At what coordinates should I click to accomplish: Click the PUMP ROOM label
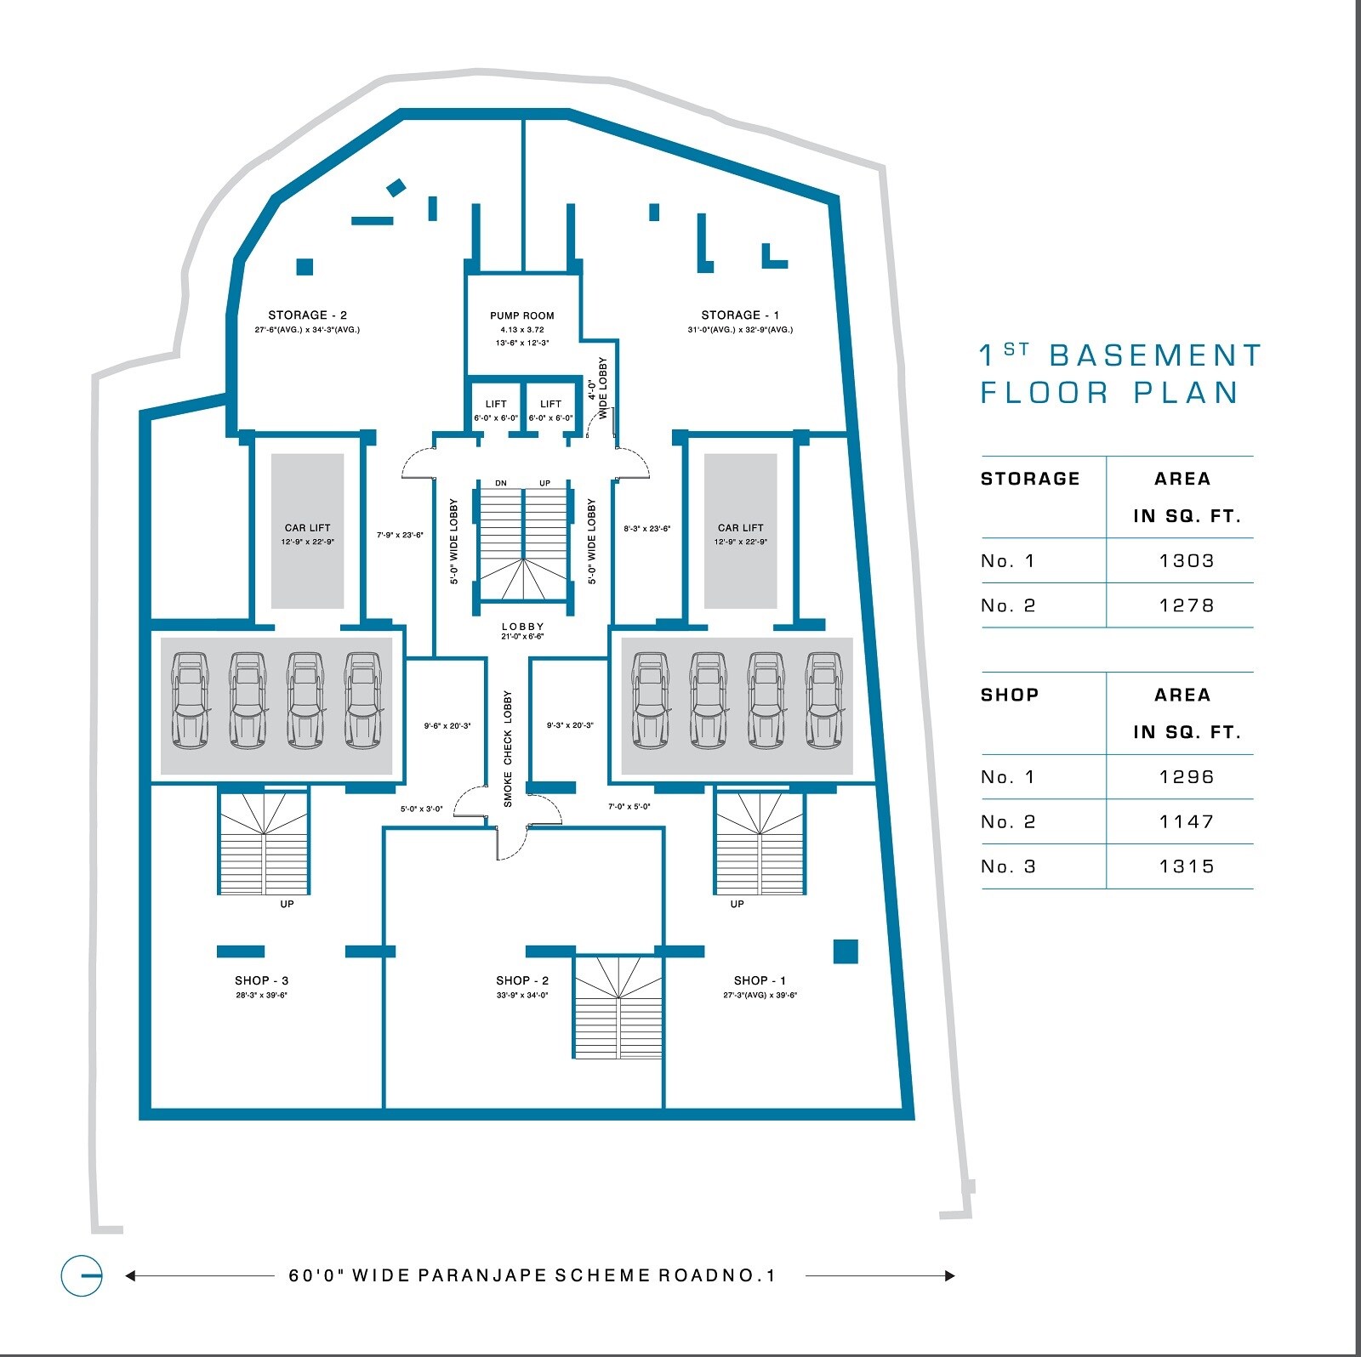click(521, 315)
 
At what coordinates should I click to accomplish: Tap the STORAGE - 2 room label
click(307, 315)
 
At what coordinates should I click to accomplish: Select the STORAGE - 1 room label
click(740, 315)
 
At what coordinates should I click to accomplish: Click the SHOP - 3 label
click(261, 980)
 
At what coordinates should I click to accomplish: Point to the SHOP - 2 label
click(522, 980)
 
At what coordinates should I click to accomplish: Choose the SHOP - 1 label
click(760, 980)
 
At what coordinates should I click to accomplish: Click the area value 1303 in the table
click(1186, 561)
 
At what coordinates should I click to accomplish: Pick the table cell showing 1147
click(1186, 822)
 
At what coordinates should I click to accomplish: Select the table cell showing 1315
click(1186, 867)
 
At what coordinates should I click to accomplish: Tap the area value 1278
click(1186, 606)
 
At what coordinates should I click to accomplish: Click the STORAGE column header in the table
click(1030, 479)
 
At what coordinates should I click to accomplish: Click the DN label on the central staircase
click(501, 483)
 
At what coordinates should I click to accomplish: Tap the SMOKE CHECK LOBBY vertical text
click(508, 748)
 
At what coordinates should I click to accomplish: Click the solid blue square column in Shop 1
click(845, 951)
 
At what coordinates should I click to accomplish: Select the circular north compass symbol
click(82, 1275)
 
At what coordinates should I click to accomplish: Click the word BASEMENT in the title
click(1155, 355)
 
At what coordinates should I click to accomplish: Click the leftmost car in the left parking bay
click(190, 701)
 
